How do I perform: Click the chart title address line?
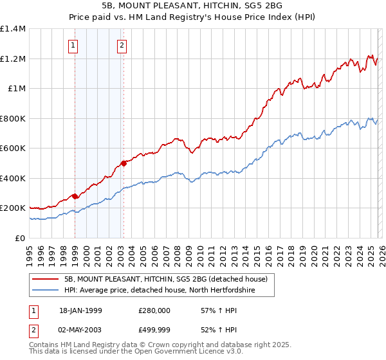pyautogui.click(x=192, y=6)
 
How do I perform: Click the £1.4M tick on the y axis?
pyautogui.click(x=13, y=29)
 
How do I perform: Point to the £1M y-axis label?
pyautogui.click(x=17, y=89)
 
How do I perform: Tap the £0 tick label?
pyautogui.click(x=21, y=238)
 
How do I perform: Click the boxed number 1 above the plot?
pyautogui.click(x=74, y=45)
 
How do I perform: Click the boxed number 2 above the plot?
pyautogui.click(x=122, y=45)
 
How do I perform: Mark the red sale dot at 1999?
pyautogui.click(x=75, y=196)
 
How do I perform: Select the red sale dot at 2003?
pyautogui.click(x=124, y=163)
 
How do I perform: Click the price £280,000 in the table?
pyautogui.click(x=154, y=310)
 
